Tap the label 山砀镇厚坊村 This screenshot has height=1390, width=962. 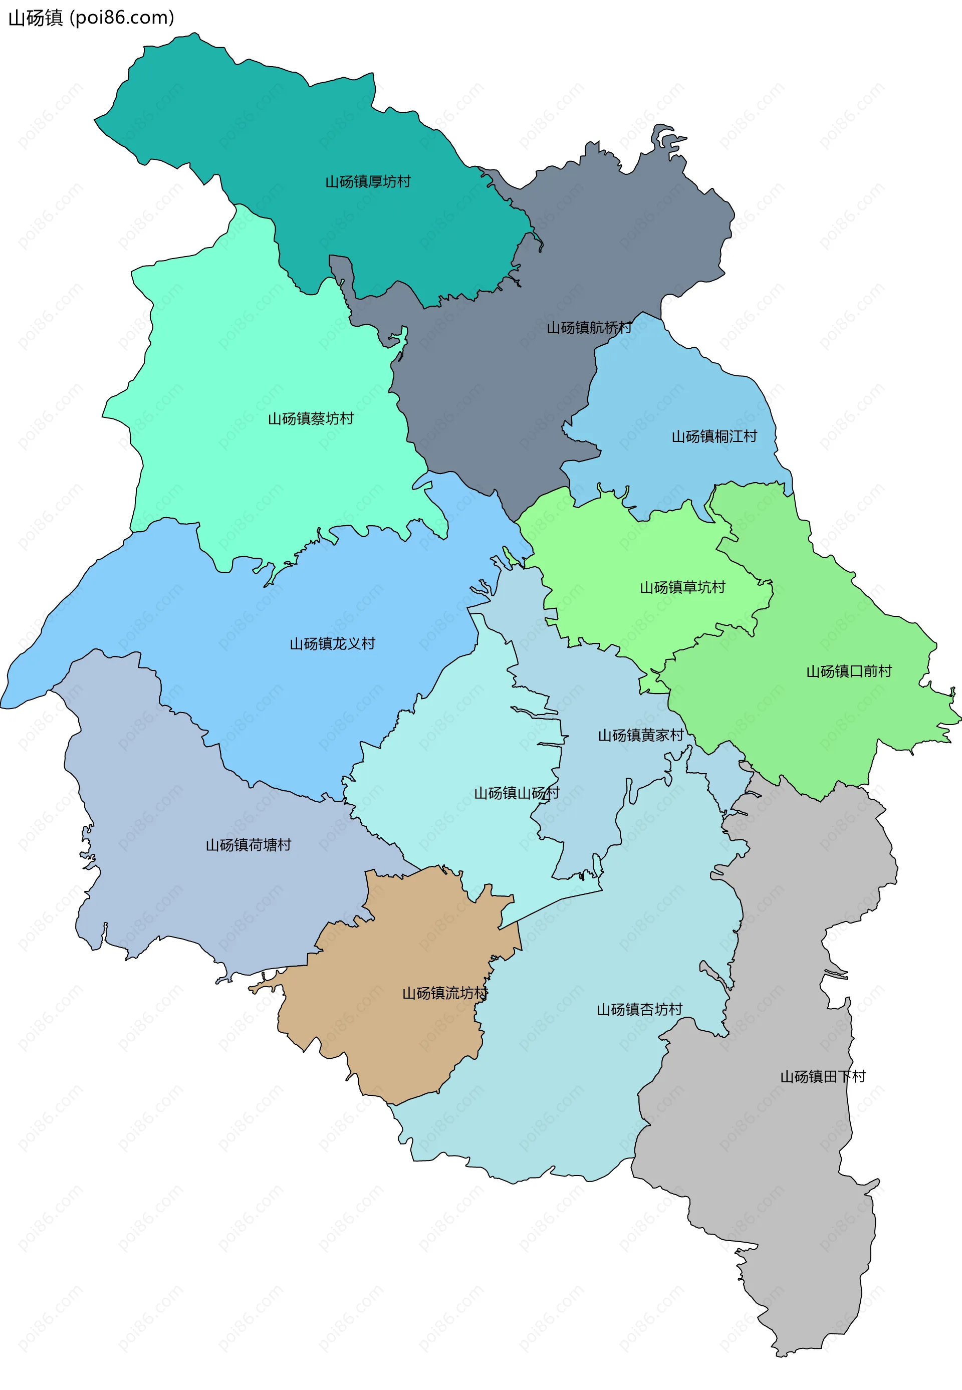pyautogui.click(x=368, y=181)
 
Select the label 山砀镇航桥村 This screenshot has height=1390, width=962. pyautogui.click(x=589, y=327)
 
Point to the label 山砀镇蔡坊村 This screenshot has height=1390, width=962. pyautogui.click(x=311, y=418)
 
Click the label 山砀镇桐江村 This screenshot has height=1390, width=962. pyautogui.click(x=714, y=436)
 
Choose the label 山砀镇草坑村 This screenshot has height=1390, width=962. pyautogui.click(x=682, y=587)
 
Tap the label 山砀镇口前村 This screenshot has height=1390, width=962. pyautogui.click(x=849, y=671)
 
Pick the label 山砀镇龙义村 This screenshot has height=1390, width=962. pyautogui.click(x=332, y=644)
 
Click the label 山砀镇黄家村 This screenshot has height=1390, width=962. pyautogui.click(x=640, y=736)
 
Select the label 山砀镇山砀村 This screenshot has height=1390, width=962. pyautogui.click(x=517, y=793)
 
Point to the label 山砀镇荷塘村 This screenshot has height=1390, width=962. pyautogui.click(x=249, y=845)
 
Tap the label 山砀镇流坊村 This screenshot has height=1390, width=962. pyautogui.click(x=445, y=993)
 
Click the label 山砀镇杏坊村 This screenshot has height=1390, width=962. pyautogui.click(x=639, y=1010)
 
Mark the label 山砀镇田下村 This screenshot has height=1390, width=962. pyautogui.click(x=823, y=1076)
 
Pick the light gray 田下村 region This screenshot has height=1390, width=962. pyautogui.click(x=784, y=1176)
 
